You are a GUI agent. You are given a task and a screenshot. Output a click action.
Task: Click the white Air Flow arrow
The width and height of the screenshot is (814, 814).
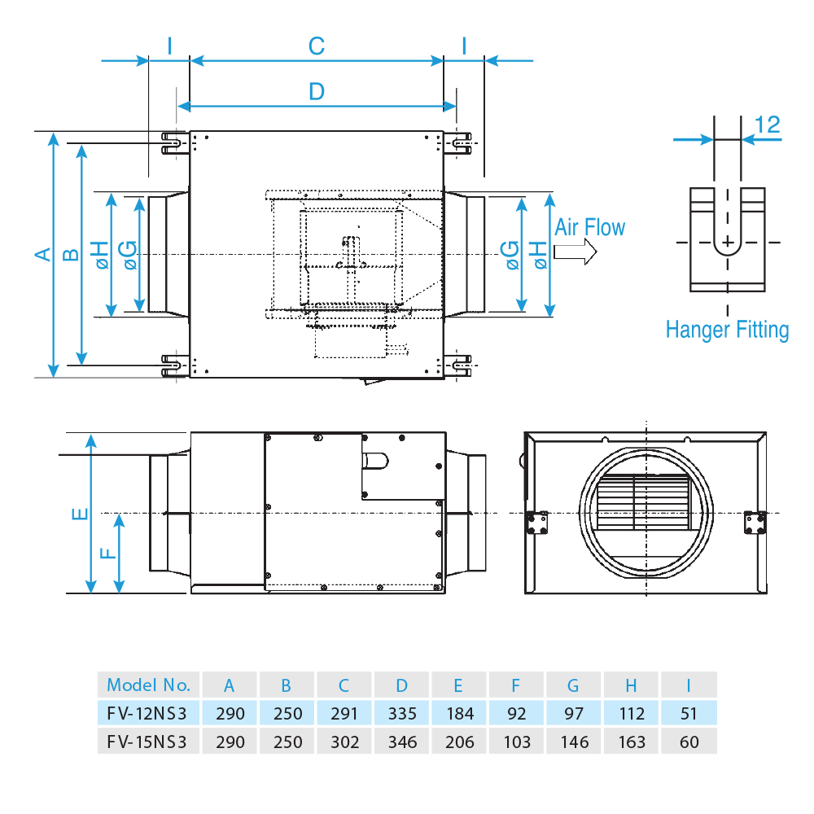point(574,252)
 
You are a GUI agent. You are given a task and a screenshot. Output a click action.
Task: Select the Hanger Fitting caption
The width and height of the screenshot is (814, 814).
point(727,330)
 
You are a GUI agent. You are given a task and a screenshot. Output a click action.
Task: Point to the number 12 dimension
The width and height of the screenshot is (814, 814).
point(767,125)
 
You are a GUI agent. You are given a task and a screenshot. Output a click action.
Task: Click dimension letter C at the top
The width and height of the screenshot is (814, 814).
point(317,46)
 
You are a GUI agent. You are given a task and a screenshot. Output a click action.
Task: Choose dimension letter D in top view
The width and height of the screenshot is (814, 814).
point(317,91)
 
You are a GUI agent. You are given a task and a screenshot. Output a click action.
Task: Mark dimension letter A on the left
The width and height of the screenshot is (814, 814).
point(42,254)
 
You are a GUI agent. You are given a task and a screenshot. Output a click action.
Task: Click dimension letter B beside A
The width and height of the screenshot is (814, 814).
point(71,254)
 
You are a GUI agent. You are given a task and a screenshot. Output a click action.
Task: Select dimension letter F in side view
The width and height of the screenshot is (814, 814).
point(107,554)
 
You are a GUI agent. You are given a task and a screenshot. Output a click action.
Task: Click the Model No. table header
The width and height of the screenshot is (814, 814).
point(148,685)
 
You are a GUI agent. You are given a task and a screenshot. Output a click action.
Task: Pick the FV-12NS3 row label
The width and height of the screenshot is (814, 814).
point(147,714)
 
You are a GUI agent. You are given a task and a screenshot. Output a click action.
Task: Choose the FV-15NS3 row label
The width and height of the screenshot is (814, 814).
point(147,742)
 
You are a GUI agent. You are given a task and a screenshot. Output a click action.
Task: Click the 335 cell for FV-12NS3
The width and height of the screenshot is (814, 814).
point(402,714)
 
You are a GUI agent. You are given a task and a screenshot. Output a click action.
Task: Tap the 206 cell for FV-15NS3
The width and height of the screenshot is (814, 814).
point(459,742)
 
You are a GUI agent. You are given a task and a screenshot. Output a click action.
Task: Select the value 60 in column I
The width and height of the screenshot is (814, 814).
point(689,742)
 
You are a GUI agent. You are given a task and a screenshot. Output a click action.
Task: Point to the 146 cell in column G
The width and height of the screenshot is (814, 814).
point(574,742)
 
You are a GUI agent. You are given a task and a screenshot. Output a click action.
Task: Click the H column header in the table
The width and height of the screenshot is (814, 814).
point(631,685)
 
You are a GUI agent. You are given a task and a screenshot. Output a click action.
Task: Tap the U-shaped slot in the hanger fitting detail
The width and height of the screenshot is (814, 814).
point(727,240)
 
